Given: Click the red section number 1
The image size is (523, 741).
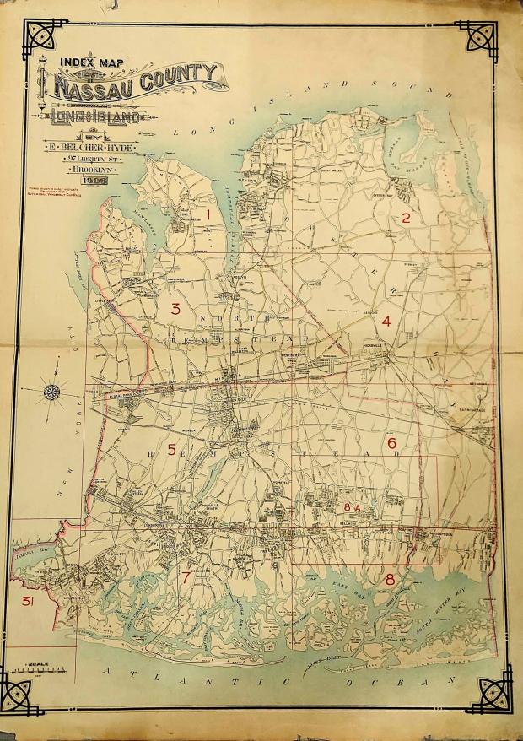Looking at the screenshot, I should point(207,216).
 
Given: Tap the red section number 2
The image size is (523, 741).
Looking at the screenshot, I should point(405,218).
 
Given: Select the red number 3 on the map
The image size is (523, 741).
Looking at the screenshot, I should point(175,308).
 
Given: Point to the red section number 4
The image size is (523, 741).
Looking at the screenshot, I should point(386,321).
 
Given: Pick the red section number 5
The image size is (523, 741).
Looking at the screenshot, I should point(171,450).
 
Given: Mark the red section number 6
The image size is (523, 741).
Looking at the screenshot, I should point(391,442).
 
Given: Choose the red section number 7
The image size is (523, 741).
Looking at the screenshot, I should point(186,577).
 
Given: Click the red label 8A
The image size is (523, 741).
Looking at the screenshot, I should point(353,506).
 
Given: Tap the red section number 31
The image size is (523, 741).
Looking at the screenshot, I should point(28,601).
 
